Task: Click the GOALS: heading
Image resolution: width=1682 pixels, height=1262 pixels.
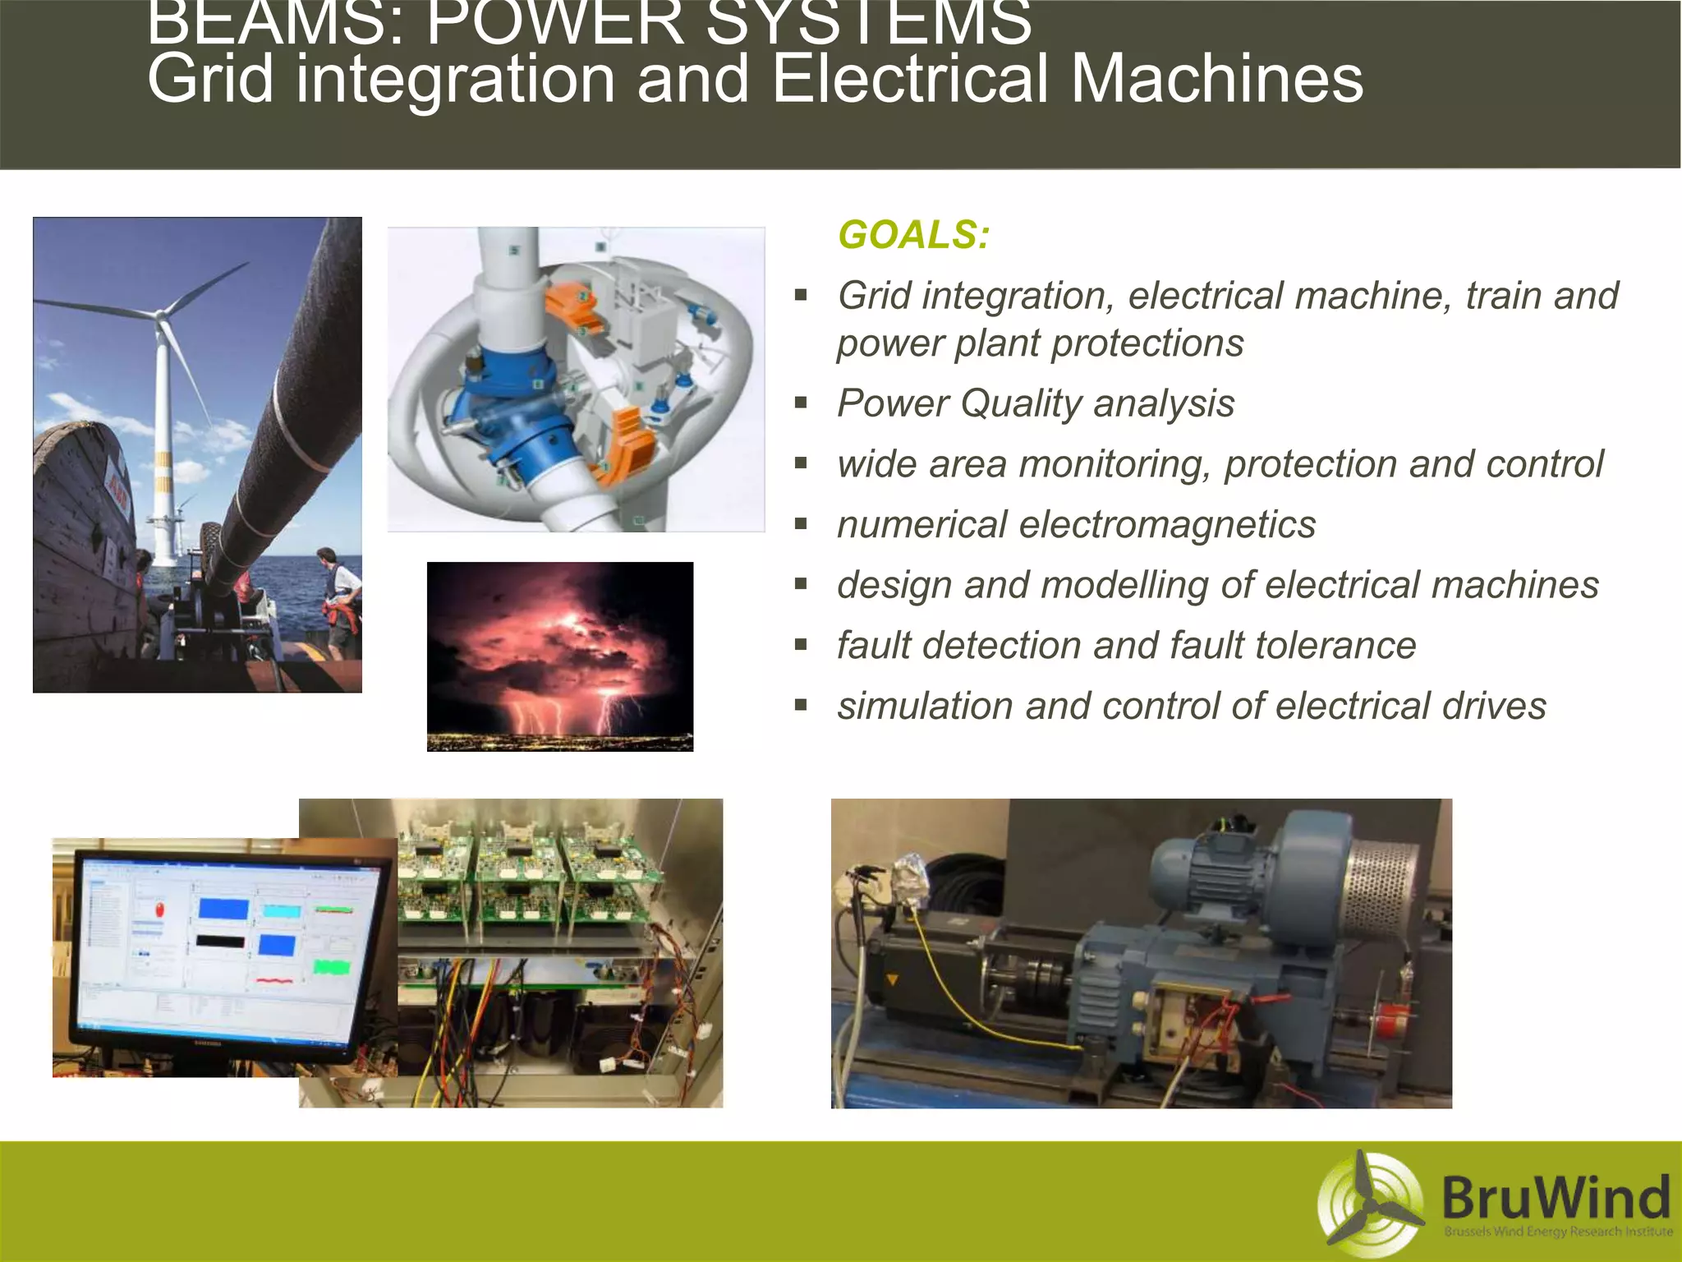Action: (913, 235)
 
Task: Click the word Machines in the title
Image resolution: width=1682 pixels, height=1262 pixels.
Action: (1217, 80)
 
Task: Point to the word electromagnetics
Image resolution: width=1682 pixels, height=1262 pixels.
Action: (1167, 525)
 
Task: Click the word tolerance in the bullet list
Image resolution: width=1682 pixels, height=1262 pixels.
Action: (1331, 646)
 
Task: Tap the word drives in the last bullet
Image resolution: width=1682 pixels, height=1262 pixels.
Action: (1494, 707)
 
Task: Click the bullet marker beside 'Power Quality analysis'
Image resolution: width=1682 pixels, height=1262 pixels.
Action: (802, 403)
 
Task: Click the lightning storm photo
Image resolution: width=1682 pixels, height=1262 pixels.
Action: (560, 656)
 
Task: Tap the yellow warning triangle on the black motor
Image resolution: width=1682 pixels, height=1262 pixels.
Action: (892, 980)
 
